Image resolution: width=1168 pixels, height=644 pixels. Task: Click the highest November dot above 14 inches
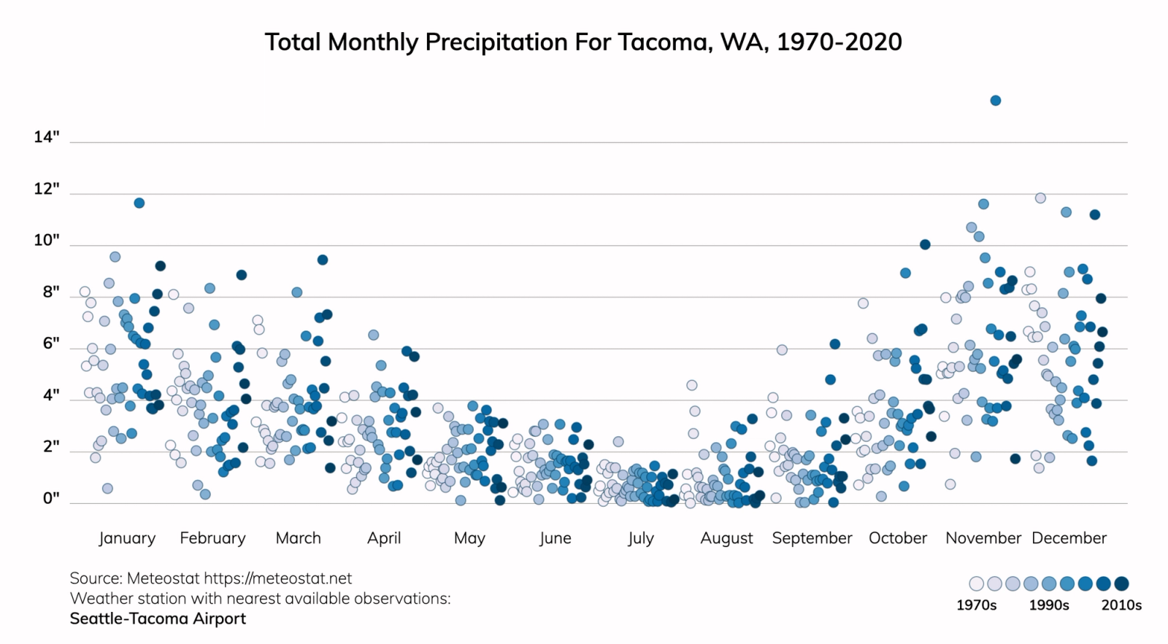(x=995, y=101)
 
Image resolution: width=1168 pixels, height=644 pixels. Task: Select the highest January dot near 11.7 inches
(x=139, y=203)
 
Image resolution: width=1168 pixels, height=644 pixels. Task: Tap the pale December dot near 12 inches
(x=1041, y=198)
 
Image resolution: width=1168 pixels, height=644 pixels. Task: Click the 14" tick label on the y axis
(x=47, y=137)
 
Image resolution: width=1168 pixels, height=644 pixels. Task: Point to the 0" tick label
(x=51, y=498)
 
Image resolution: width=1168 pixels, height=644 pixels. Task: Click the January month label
(x=127, y=538)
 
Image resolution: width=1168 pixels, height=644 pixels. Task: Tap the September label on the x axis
(x=812, y=538)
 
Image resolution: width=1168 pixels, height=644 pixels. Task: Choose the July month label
(x=640, y=538)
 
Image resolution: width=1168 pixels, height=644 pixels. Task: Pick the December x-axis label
(x=1069, y=538)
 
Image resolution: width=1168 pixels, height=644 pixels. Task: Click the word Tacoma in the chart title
(x=664, y=42)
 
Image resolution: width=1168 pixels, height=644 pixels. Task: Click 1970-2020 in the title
(x=839, y=42)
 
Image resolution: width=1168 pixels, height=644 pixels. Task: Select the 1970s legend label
(x=976, y=605)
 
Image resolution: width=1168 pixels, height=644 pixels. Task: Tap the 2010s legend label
(x=1121, y=605)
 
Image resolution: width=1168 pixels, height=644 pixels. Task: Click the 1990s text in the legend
(x=1049, y=605)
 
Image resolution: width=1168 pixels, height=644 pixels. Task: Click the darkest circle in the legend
(x=1121, y=583)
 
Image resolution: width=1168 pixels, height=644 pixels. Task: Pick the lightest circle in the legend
(x=977, y=583)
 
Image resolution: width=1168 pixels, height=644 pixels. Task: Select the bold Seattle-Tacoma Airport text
(x=158, y=618)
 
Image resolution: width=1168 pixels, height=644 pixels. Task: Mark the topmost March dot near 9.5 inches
(x=323, y=260)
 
